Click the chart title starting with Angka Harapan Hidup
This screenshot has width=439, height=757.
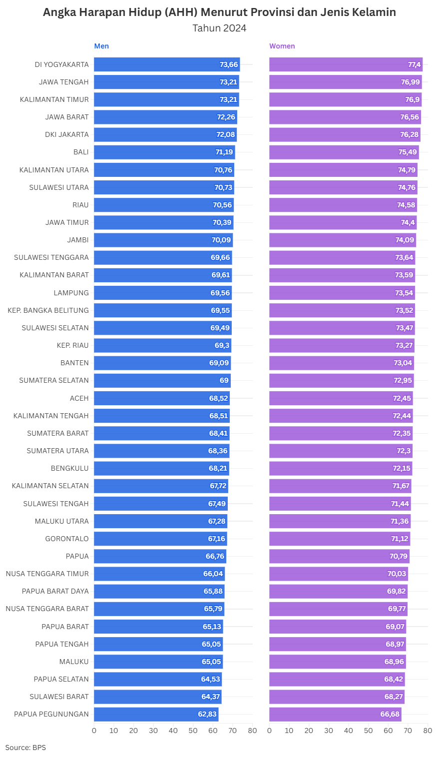point(219,12)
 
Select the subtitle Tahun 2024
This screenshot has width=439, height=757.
point(219,28)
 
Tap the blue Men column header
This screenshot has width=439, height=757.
point(101,46)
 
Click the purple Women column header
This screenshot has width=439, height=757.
point(282,46)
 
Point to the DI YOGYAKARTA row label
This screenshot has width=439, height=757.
point(61,64)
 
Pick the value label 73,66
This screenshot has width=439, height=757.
point(229,64)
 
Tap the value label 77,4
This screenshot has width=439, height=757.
point(414,64)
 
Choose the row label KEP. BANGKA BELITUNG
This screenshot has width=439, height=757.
point(48,310)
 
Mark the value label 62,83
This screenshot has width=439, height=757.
point(207,714)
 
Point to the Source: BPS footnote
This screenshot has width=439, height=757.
point(25,748)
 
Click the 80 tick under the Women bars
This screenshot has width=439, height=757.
point(428,731)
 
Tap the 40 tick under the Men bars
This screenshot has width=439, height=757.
point(173,731)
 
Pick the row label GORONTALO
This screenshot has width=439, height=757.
point(67,539)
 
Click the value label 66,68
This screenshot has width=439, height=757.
point(390,714)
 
